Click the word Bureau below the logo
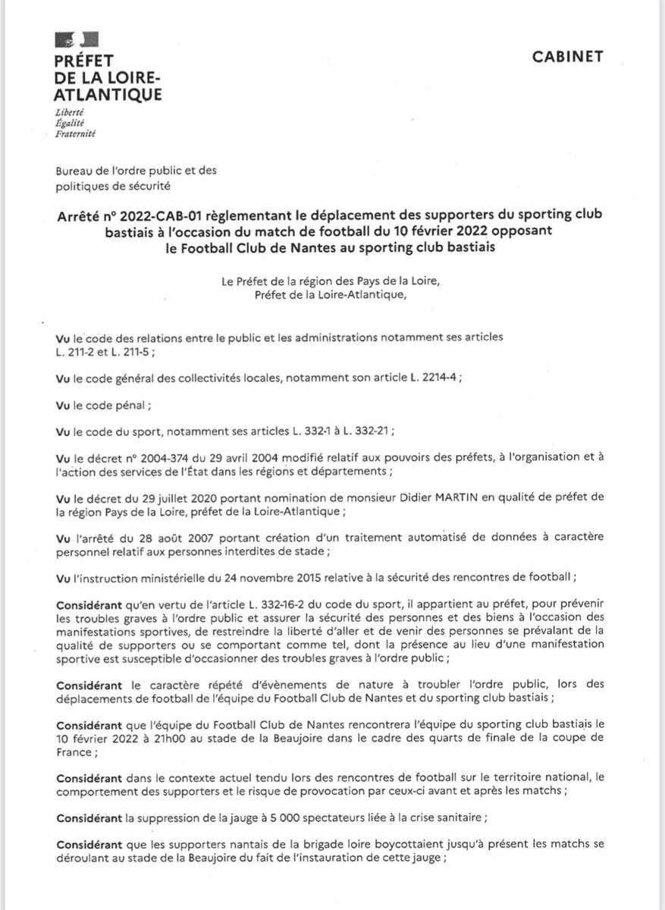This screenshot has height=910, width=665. [x=74, y=172]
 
